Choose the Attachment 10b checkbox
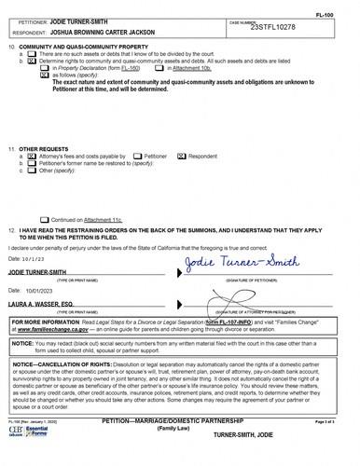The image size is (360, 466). point(159,69)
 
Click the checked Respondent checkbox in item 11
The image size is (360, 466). point(182,157)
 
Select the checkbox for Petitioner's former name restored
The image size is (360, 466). point(32,164)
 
